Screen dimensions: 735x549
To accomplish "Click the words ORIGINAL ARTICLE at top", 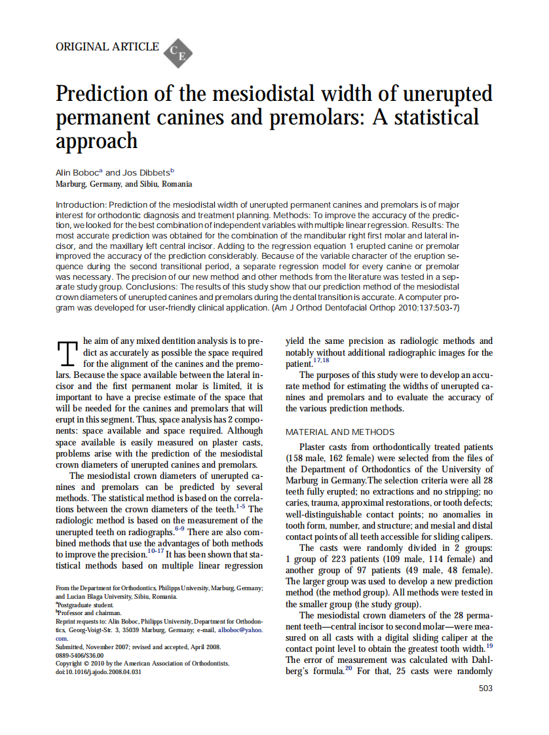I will coord(107,47).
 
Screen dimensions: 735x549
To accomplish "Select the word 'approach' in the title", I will coord(97,141).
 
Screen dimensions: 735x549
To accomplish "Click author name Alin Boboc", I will coord(79,173).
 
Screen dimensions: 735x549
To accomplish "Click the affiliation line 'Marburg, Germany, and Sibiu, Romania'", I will coord(124,185).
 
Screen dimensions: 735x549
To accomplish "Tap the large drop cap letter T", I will coord(68,354).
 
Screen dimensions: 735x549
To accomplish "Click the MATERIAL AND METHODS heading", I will coord(340,432).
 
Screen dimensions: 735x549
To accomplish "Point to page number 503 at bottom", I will coord(485,688).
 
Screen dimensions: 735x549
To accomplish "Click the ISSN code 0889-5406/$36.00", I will coord(80,654).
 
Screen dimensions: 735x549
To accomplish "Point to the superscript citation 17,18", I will coord(321,360).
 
